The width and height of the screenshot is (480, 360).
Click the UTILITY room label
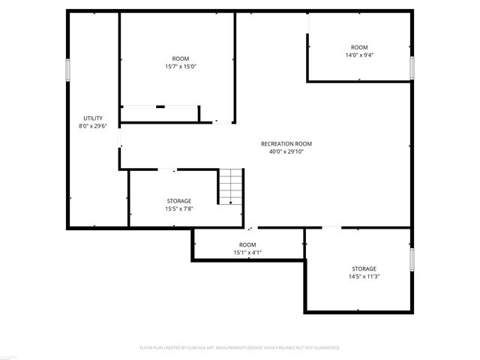[93, 118]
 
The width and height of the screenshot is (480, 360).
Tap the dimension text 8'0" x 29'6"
[93, 126]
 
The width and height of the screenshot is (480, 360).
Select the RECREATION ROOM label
[286, 144]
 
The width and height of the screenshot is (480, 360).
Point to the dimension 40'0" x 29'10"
[286, 151]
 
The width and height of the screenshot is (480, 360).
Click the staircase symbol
[231, 187]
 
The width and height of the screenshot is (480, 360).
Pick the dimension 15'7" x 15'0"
[180, 66]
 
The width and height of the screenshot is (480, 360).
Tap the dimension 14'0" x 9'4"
[359, 55]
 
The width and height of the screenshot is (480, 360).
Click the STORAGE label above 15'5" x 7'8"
[178, 201]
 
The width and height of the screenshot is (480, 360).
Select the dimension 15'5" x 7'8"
[178, 208]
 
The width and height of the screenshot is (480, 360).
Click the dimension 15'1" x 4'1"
[247, 253]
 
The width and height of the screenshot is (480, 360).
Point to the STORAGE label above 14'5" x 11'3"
[364, 268]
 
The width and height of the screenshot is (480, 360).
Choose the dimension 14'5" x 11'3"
[364, 276]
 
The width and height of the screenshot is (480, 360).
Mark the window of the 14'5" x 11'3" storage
[412, 259]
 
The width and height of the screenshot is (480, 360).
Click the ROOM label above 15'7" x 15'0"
[180, 58]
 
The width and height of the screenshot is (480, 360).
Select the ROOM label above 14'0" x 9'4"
[359, 47]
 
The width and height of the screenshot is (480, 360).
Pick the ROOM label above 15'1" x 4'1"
[247, 245]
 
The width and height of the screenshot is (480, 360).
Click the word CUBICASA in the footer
[196, 348]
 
